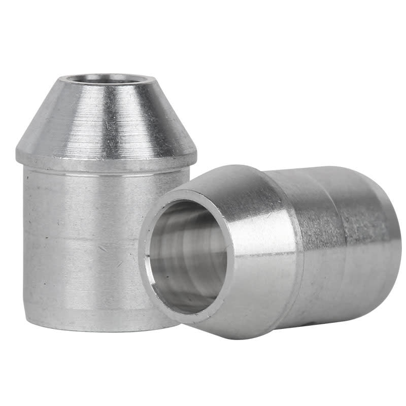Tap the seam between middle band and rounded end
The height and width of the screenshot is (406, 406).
(x=345, y=233)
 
